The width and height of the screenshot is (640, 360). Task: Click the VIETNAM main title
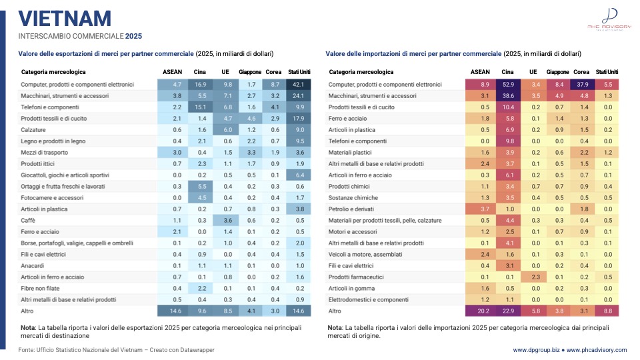[65, 19]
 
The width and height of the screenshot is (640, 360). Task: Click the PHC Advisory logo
[609, 19]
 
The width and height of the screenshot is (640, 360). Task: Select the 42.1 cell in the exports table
[299, 85]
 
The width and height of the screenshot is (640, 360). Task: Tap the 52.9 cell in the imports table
[508, 85]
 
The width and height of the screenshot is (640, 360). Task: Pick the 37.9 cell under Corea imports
[583, 85]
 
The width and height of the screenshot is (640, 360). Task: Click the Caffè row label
[28, 221]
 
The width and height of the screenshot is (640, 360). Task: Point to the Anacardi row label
[32, 266]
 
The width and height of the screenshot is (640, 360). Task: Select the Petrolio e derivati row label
[351, 209]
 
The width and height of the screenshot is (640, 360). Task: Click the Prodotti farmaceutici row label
[356, 277]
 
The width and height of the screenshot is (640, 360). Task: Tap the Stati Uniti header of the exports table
[299, 72]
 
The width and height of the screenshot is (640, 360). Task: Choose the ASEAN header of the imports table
[480, 72]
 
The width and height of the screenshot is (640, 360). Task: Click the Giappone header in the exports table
[250, 72]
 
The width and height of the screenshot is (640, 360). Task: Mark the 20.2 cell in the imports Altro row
[483, 311]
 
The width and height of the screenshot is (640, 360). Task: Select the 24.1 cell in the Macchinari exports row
[299, 96]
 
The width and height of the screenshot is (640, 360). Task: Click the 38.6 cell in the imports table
[508, 96]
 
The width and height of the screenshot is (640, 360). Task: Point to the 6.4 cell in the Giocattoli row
[299, 175]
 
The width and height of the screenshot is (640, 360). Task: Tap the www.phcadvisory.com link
[596, 350]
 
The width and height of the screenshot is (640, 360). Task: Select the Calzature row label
[33, 130]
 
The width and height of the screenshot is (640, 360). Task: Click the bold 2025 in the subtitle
[133, 36]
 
